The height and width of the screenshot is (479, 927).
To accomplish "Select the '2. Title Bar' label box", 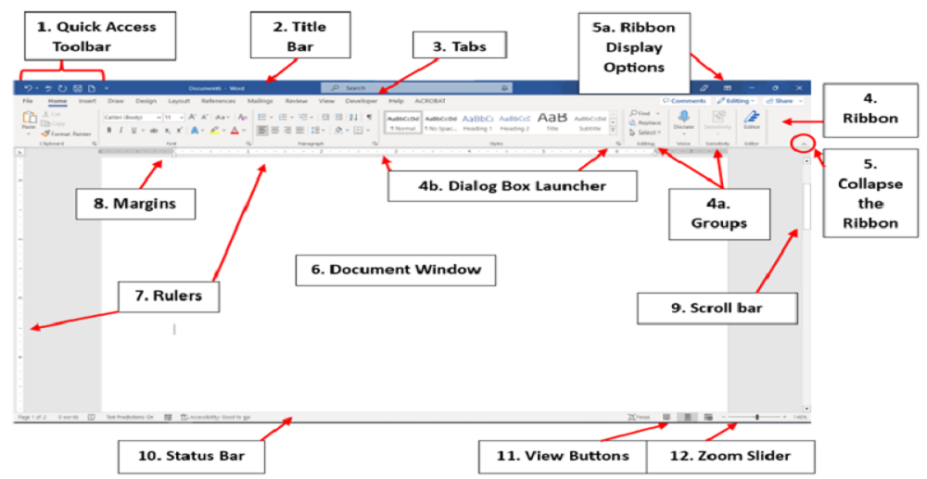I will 299,35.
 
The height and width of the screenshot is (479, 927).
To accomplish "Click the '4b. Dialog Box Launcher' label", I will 512,185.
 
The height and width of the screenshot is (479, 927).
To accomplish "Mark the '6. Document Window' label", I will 396,270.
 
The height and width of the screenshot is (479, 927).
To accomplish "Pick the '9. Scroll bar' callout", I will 717,308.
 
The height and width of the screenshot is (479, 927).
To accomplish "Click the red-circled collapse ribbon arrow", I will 804,144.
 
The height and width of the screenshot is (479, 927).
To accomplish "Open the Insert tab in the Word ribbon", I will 87,100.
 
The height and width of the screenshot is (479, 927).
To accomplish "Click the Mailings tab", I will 260,100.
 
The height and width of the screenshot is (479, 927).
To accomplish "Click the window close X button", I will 799,87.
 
